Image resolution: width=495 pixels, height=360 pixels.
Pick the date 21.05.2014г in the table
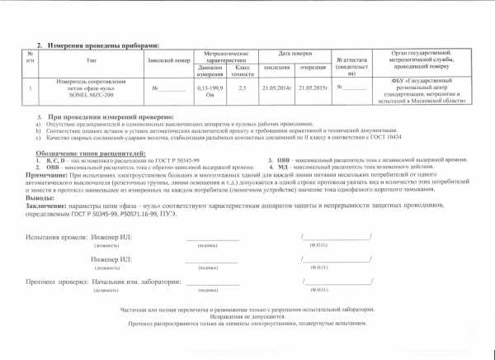click(x=275, y=86)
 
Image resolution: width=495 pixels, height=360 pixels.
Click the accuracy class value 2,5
click(x=243, y=86)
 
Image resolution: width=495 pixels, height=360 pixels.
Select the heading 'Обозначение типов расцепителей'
click(x=91, y=154)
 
